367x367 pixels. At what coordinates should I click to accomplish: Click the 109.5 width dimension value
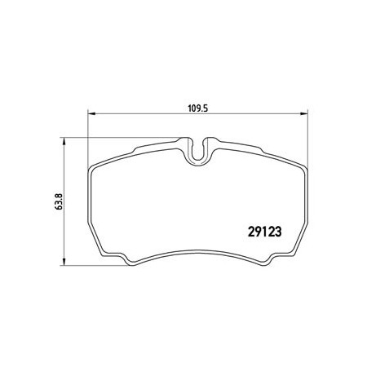(198, 108)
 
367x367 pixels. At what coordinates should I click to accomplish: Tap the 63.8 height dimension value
(59, 201)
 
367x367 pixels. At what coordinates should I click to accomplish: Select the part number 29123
(264, 232)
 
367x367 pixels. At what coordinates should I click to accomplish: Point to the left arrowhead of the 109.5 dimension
(91, 114)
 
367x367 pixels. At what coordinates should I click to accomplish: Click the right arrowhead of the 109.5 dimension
(303, 114)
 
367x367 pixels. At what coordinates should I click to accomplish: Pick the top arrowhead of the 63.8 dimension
(64, 141)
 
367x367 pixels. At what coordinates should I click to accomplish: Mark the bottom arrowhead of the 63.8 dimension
(64, 262)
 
